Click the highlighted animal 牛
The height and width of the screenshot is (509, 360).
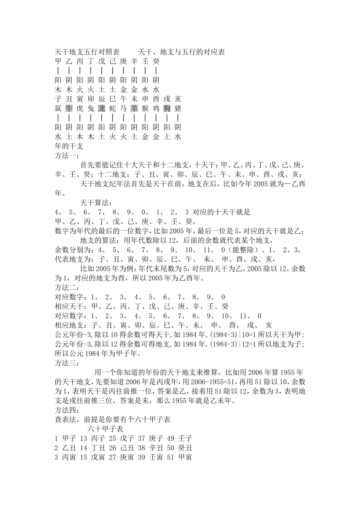coord(69,108)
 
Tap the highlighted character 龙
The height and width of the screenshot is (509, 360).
coord(102,108)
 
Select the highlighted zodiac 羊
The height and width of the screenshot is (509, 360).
coord(134,108)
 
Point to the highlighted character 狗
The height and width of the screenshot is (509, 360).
coord(167,108)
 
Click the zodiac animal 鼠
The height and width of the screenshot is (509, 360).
coord(58,108)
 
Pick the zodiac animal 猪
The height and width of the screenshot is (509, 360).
coord(178,108)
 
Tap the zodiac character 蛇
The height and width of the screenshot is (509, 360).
coord(113,108)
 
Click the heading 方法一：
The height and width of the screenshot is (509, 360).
coord(67,155)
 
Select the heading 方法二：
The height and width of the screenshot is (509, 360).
coord(67,287)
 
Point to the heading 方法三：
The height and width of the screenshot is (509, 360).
coord(67,363)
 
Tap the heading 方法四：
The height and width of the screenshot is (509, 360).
coord(67,410)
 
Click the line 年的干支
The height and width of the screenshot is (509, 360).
coord(69,146)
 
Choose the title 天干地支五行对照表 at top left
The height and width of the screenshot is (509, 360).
coord(87,52)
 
